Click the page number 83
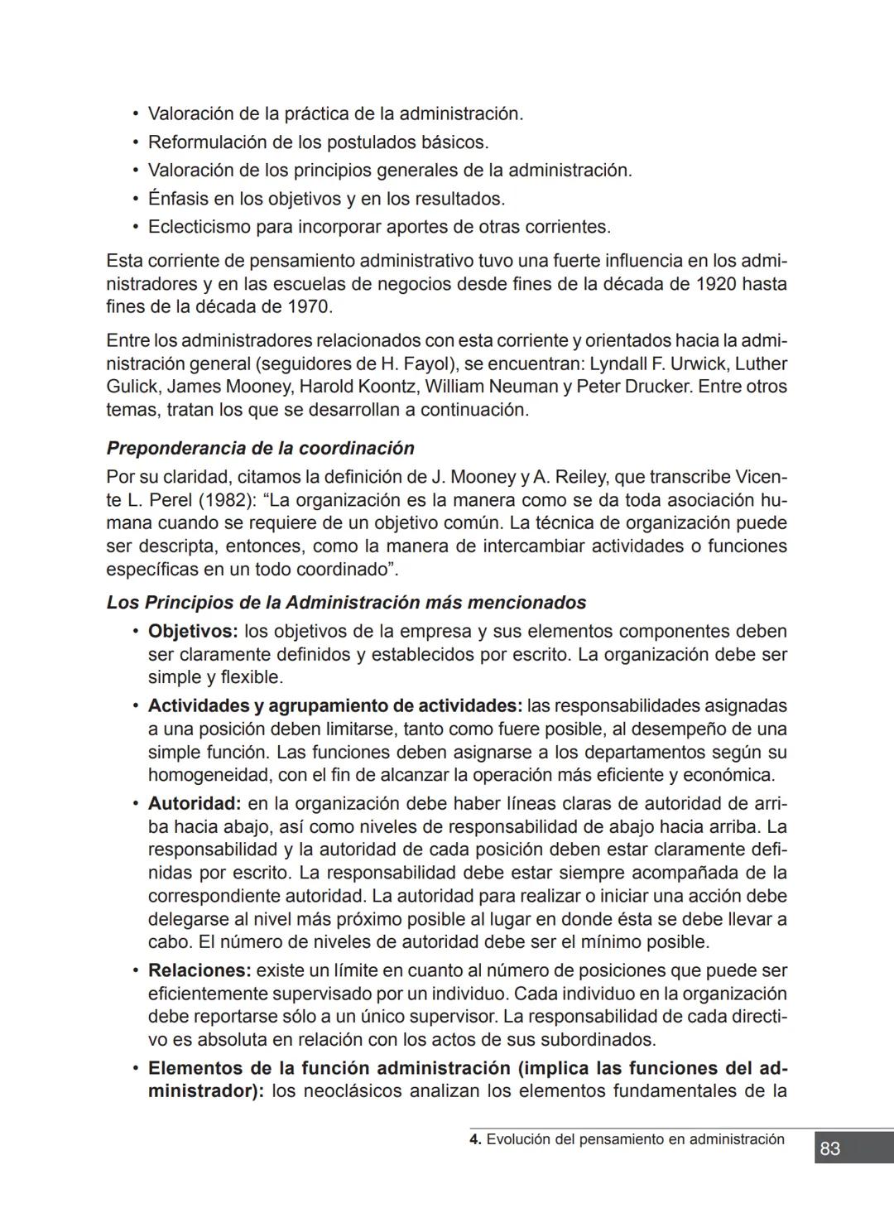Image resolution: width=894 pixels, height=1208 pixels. click(829, 1148)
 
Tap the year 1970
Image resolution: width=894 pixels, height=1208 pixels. click(308, 307)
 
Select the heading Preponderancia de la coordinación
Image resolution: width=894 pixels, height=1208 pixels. click(260, 448)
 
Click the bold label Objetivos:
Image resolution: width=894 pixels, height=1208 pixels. click(193, 632)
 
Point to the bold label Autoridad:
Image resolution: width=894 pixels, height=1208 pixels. click(195, 804)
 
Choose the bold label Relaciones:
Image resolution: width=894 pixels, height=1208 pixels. click(199, 970)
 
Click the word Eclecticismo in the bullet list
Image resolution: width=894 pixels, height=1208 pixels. click(199, 227)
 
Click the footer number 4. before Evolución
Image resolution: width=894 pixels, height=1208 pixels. click(475, 1139)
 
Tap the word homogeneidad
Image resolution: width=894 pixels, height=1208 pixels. click(198, 776)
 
